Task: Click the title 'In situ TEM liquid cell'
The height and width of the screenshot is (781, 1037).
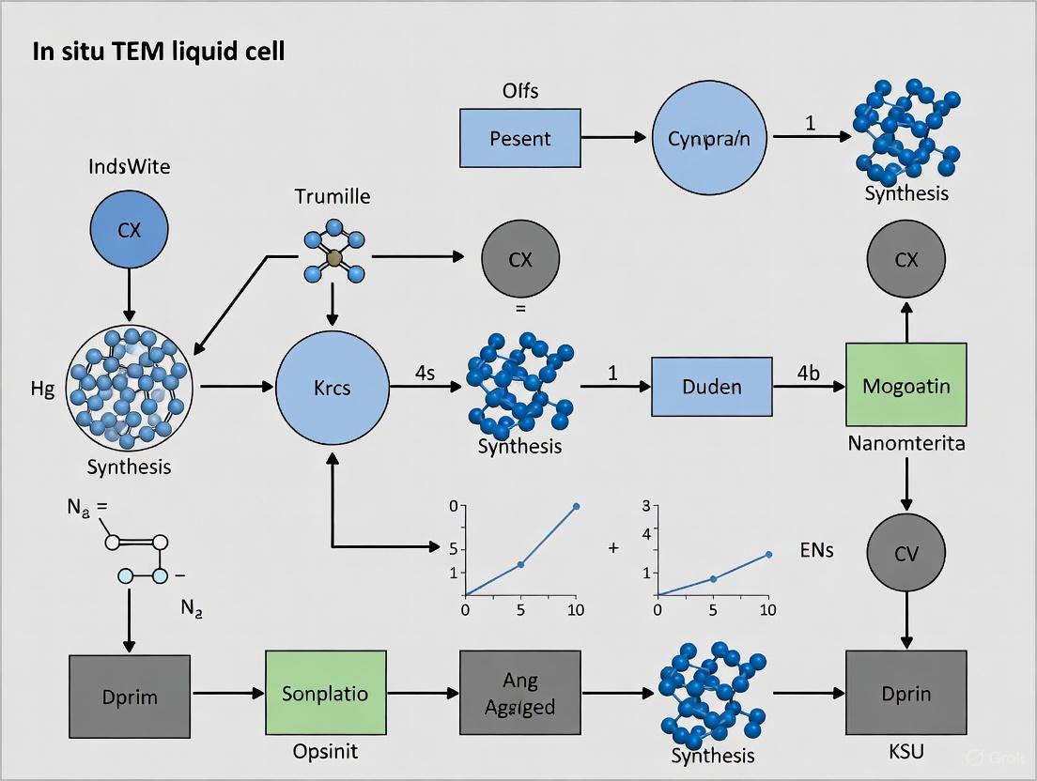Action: pyautogui.click(x=158, y=52)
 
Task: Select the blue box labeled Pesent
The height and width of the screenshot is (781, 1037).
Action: pyautogui.click(x=519, y=138)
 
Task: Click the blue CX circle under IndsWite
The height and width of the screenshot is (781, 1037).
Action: pyautogui.click(x=129, y=229)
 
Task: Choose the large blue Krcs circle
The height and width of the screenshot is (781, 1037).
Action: pyautogui.click(x=333, y=386)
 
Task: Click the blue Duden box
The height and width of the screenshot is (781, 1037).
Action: pyautogui.click(x=711, y=386)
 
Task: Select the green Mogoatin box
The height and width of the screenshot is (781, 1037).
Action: pyautogui.click(x=905, y=386)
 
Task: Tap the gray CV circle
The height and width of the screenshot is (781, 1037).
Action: pyautogui.click(x=905, y=554)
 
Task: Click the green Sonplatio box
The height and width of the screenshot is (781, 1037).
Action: pyautogui.click(x=324, y=694)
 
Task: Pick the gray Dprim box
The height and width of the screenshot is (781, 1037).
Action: pyautogui.click(x=129, y=697)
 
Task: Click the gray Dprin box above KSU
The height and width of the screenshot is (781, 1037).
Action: pyautogui.click(x=905, y=694)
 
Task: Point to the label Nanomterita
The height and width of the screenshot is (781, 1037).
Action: pyautogui.click(x=905, y=442)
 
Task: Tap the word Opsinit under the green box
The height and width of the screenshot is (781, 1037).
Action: pyautogui.click(x=324, y=751)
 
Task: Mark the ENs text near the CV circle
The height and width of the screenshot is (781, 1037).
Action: pyautogui.click(x=816, y=551)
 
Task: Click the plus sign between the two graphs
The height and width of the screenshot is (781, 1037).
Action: pyautogui.click(x=613, y=547)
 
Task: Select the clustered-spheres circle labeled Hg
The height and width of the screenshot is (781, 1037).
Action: pyautogui.click(x=130, y=387)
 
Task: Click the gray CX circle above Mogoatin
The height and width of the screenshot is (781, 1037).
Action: pyautogui.click(x=905, y=259)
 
